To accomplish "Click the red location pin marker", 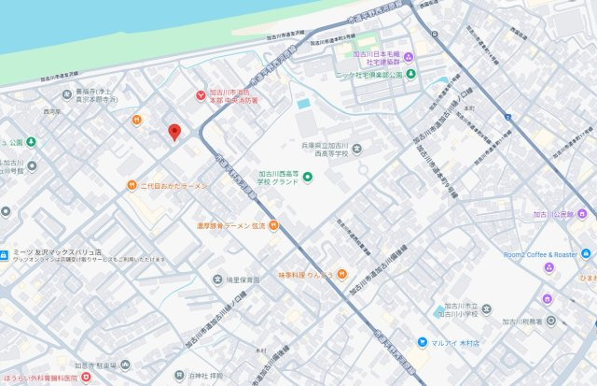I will point(174,133).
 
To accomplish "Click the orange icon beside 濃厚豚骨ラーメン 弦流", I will point(273,225).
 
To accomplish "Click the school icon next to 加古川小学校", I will point(439,310).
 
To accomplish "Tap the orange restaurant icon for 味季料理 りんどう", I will point(341,274).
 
